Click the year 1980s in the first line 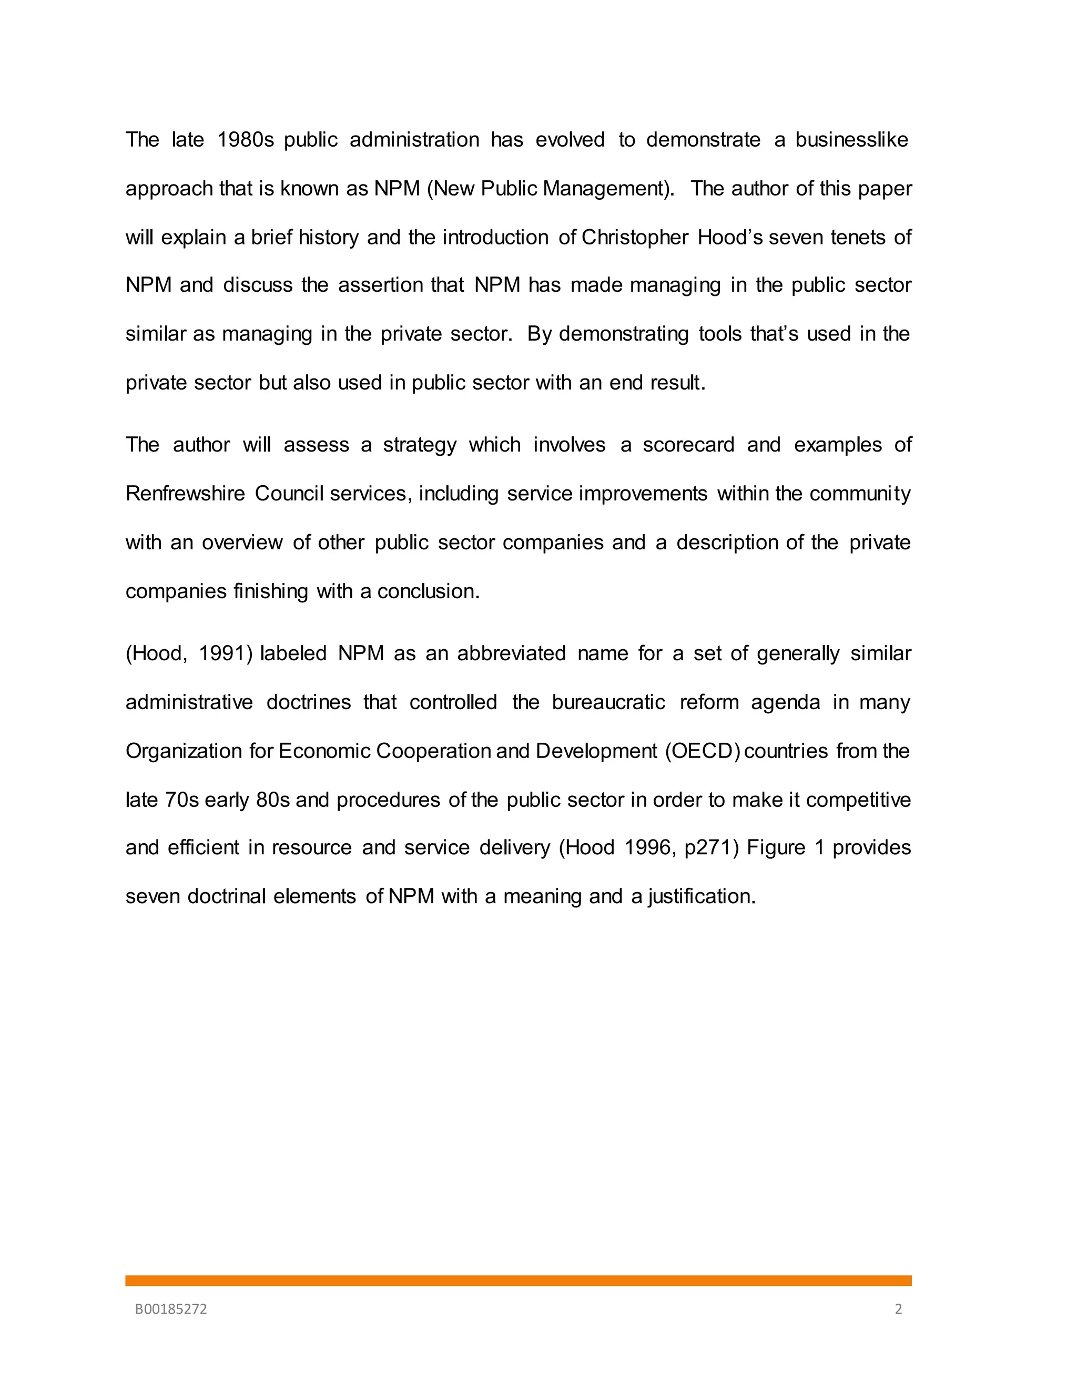click(245, 140)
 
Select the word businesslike click(851, 140)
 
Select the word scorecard click(688, 445)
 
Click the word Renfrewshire click(185, 494)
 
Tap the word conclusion click(428, 591)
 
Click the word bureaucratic click(608, 702)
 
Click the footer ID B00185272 click(171, 1309)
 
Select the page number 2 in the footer click(898, 1309)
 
